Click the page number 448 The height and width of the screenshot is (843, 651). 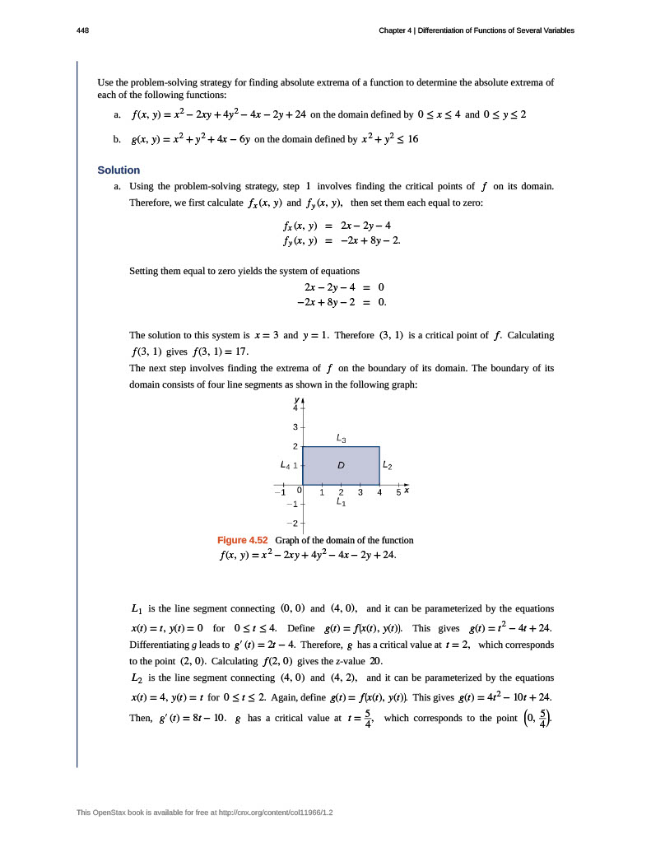click(82, 30)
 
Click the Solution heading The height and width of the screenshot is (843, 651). click(119, 170)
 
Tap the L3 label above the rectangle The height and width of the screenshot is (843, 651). click(341, 437)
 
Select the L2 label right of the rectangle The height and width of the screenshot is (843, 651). click(388, 467)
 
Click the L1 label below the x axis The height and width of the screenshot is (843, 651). click(341, 501)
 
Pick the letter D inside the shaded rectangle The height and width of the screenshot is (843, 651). click(340, 466)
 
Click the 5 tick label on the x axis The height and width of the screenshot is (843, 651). click(398, 492)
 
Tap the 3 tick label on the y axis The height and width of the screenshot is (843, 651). click(295, 427)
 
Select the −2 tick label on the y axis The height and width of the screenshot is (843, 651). click(291, 523)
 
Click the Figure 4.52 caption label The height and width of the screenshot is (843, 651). click(243, 540)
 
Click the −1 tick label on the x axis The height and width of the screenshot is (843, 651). click(279, 492)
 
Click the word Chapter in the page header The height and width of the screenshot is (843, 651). click(396, 30)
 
